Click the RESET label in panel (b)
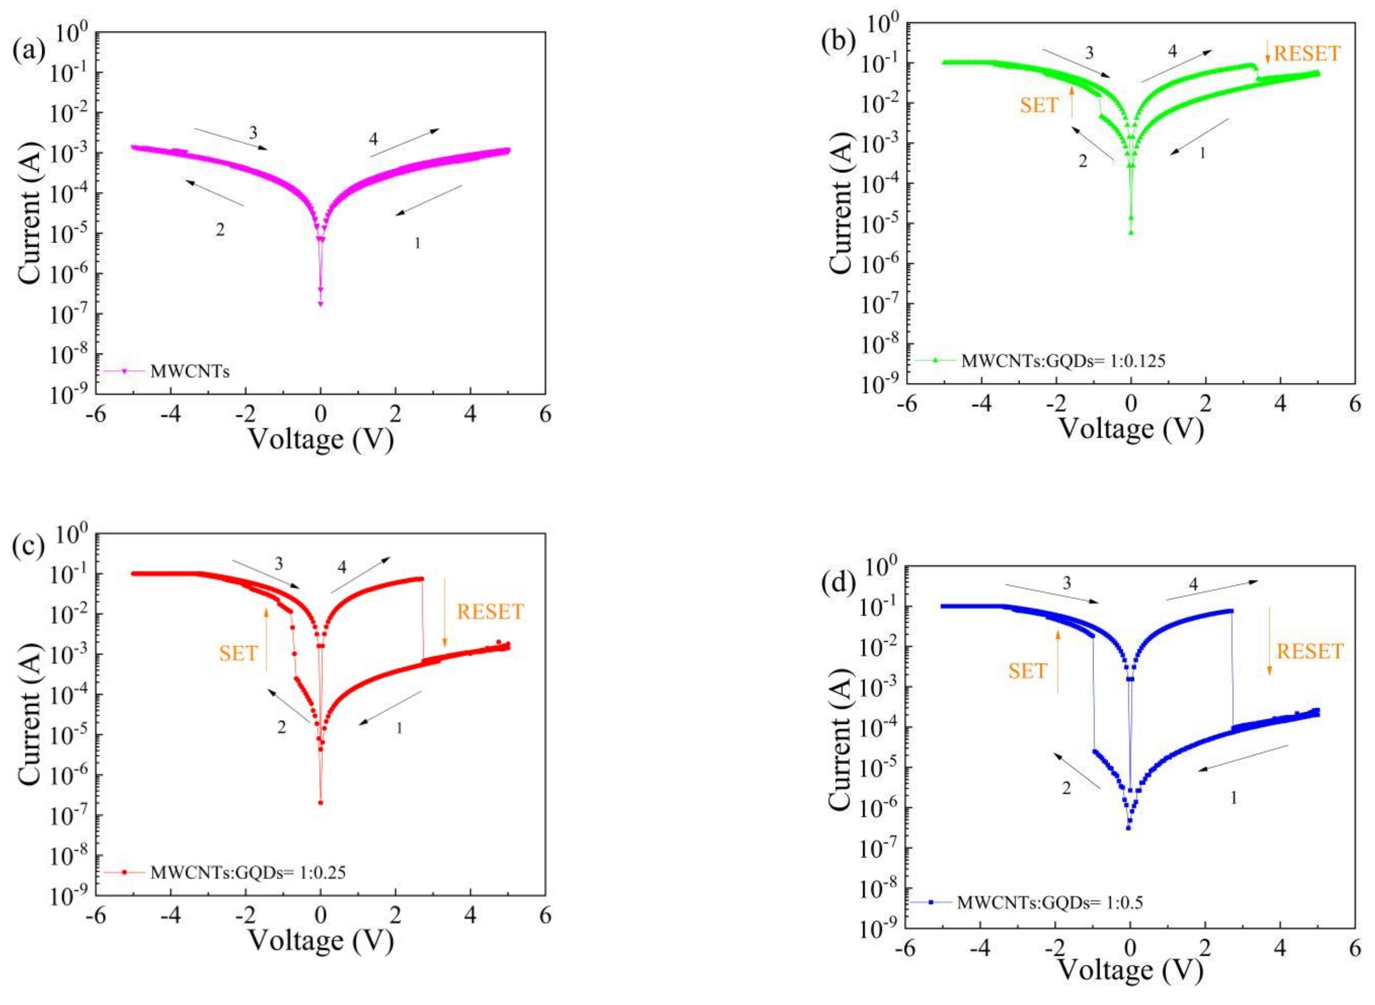click(x=1307, y=53)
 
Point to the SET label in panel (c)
click(x=238, y=653)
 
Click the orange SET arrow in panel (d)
click(x=1057, y=661)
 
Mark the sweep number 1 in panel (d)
click(x=1234, y=797)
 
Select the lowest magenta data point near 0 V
click(x=321, y=303)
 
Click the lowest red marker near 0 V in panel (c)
click(x=321, y=803)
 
